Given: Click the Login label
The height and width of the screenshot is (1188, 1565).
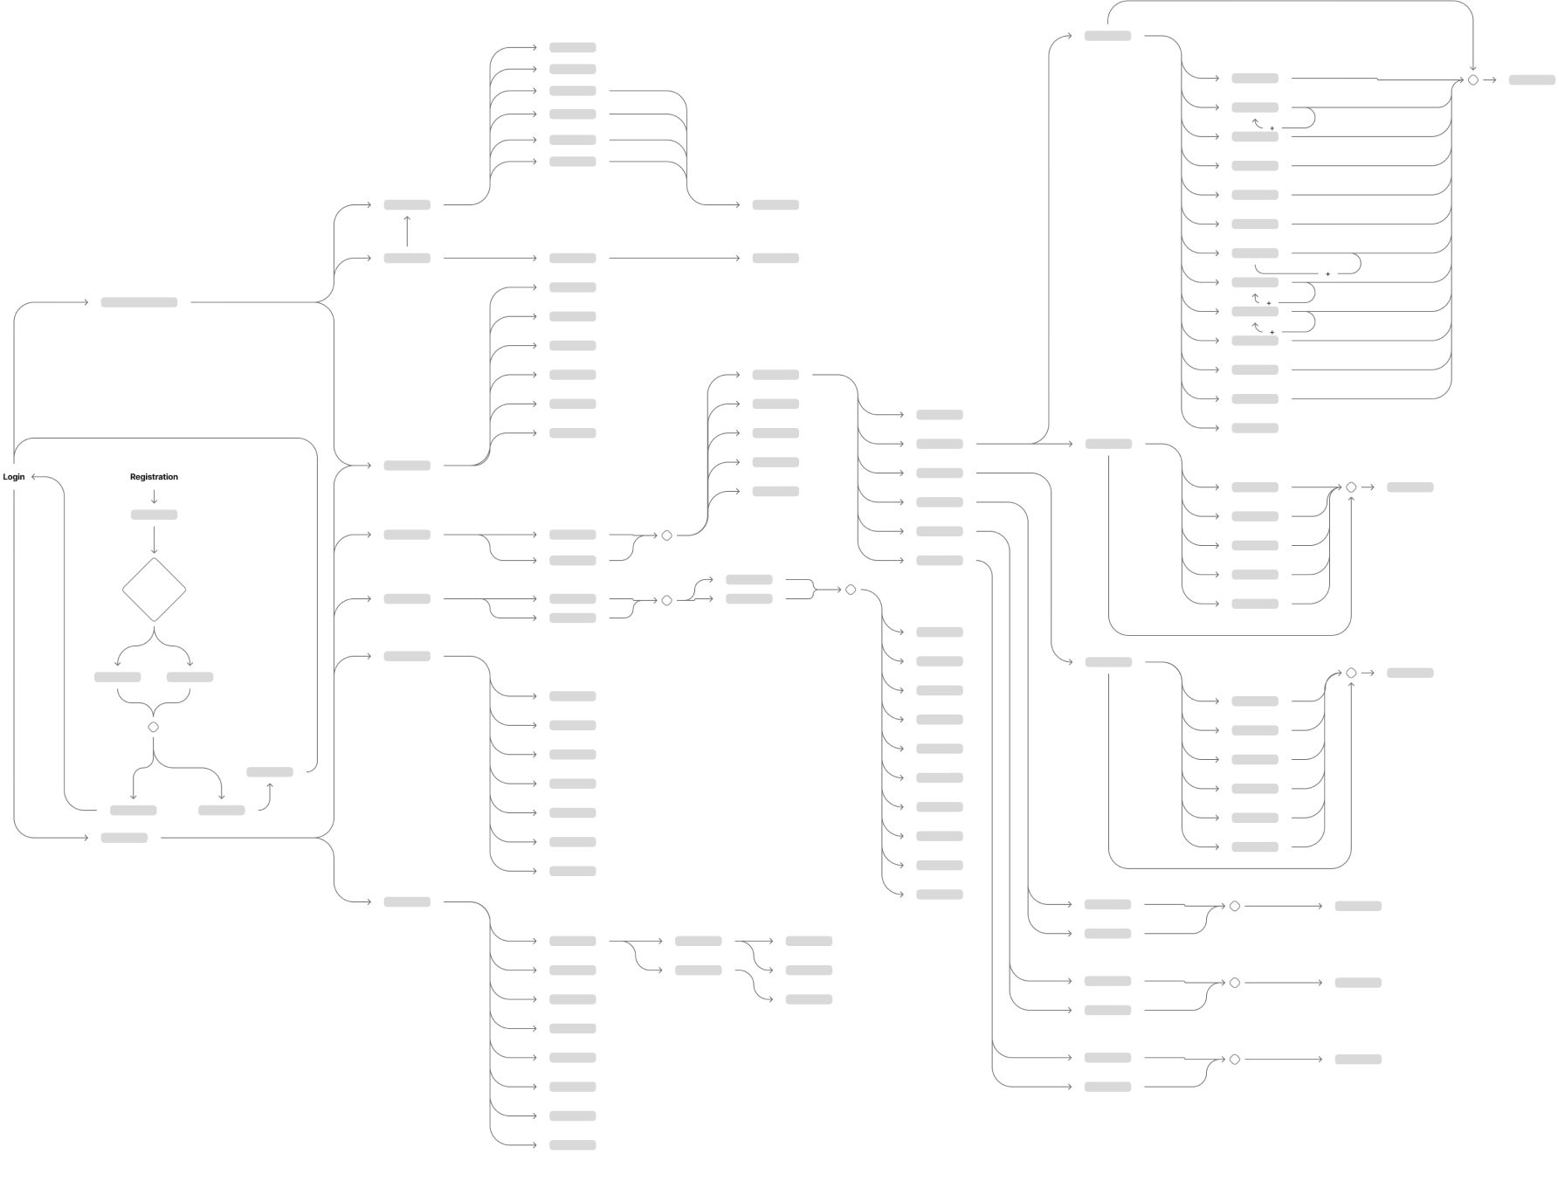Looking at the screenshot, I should click(x=14, y=477).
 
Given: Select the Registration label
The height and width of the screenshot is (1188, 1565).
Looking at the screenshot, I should click(x=154, y=477).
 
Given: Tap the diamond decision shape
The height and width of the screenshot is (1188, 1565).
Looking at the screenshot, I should click(x=154, y=591).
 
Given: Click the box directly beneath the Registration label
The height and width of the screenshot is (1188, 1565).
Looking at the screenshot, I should click(x=154, y=515).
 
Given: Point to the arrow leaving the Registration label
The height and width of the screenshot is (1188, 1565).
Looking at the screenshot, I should click(x=154, y=496).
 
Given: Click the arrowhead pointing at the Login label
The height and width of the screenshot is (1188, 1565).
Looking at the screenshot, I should click(x=34, y=477).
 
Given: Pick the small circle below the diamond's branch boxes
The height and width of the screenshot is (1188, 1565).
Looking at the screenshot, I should click(x=154, y=727).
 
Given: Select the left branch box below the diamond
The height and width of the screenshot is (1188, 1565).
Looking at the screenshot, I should click(x=118, y=677).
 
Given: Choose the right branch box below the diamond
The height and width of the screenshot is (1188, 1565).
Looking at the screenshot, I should click(x=190, y=677).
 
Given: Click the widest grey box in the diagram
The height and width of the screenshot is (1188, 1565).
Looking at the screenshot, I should click(x=139, y=302).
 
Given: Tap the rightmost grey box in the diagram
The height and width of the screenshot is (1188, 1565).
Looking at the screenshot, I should click(x=1532, y=80).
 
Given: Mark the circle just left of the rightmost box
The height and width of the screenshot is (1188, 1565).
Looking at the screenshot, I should click(x=1473, y=80).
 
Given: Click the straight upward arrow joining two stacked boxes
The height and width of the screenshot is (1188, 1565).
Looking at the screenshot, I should click(x=407, y=231).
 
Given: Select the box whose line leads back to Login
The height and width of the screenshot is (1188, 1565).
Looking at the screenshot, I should click(x=134, y=810).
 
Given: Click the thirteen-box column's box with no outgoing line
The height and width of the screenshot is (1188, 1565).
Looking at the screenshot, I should click(x=1255, y=428).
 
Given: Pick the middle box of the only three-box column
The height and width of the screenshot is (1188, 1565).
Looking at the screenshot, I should click(x=809, y=970).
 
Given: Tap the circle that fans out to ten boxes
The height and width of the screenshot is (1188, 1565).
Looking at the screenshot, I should click(x=851, y=591).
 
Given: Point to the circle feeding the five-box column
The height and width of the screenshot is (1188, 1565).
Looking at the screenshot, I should click(x=666, y=535).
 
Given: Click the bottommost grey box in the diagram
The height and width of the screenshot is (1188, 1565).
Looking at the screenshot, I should click(x=573, y=1145).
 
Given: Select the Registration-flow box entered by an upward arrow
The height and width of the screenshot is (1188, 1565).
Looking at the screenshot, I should click(x=270, y=772).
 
